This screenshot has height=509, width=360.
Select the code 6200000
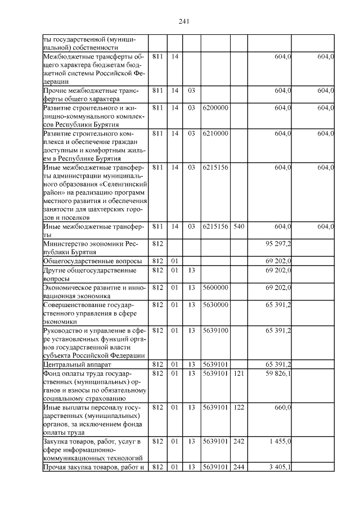(x=215, y=106)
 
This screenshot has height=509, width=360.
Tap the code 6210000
(x=215, y=134)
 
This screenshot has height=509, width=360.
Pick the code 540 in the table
(x=238, y=226)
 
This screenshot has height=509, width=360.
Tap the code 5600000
(x=215, y=287)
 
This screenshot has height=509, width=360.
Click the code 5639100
(x=215, y=331)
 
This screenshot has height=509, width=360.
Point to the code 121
(x=238, y=373)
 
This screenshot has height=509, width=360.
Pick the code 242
(x=238, y=442)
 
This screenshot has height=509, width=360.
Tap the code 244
(x=238, y=467)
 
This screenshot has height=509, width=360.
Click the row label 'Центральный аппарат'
(x=78, y=364)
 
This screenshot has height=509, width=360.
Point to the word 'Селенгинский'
(x=126, y=183)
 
